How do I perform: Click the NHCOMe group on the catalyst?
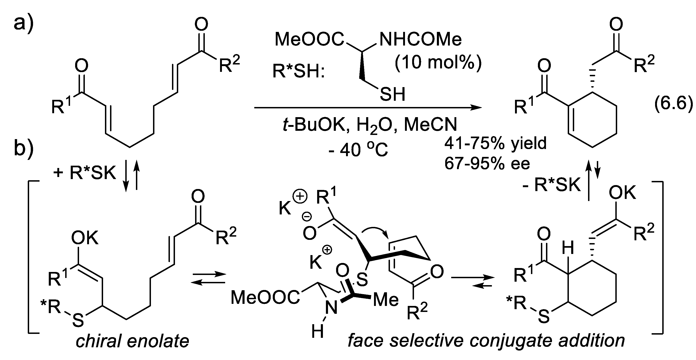pyautogui.click(x=420, y=40)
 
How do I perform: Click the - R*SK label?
pyautogui.click(x=551, y=185)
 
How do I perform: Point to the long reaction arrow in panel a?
pyautogui.click(x=368, y=108)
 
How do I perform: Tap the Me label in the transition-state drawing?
pyautogui.click(x=386, y=300)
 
